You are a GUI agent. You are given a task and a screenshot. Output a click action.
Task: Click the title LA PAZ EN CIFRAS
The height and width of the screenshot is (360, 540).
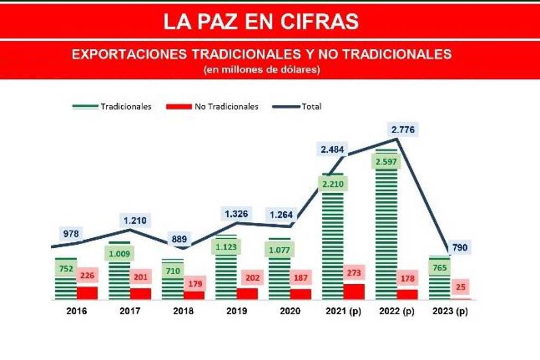(x=260, y=21)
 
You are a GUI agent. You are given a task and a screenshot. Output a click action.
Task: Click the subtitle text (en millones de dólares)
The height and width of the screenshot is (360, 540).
(x=262, y=69)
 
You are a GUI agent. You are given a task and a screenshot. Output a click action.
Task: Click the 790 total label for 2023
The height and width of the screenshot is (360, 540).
(x=459, y=247)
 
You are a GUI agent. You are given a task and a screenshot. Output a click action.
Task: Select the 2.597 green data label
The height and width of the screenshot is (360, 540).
(x=386, y=161)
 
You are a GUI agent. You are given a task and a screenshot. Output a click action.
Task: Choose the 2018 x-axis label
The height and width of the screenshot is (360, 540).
(x=183, y=311)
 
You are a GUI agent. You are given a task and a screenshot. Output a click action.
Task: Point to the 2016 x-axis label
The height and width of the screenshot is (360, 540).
(x=77, y=311)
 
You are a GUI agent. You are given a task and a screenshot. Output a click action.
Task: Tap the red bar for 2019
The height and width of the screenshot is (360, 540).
(x=247, y=294)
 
